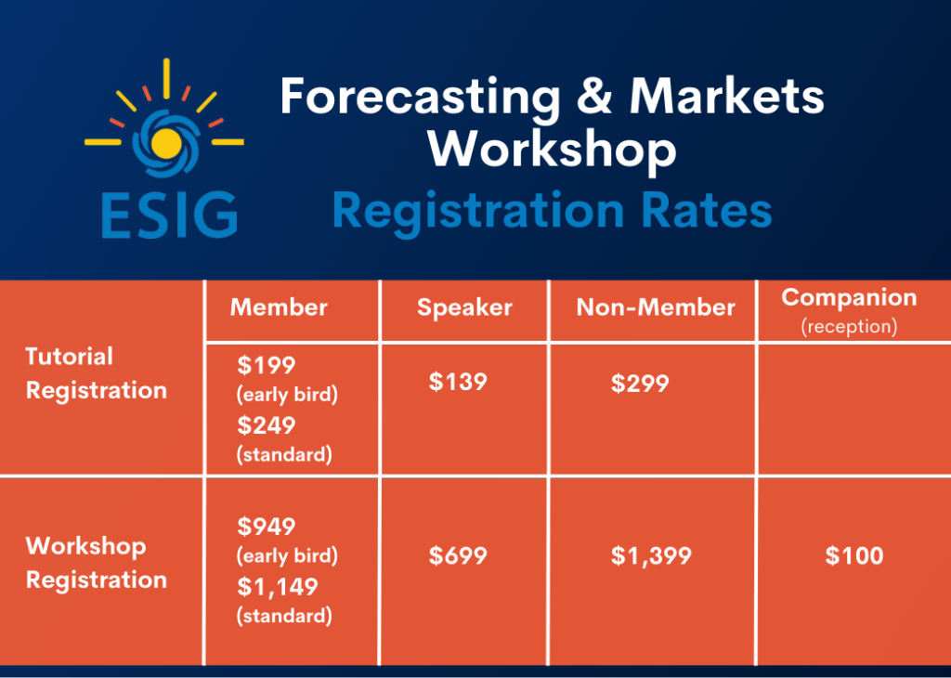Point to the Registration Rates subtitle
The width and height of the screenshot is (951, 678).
(x=552, y=211)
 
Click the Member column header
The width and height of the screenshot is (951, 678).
(x=279, y=307)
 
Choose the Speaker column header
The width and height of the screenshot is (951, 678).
(x=464, y=308)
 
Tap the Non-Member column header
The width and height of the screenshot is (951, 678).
(x=656, y=308)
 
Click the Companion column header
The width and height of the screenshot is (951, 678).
(x=849, y=298)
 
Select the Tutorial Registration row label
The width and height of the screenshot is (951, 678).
(x=96, y=373)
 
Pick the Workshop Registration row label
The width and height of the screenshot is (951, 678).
(x=96, y=562)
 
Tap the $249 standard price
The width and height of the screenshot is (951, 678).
(x=266, y=425)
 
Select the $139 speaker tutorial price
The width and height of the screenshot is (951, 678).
(x=458, y=381)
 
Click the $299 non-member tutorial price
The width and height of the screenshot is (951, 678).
(x=640, y=384)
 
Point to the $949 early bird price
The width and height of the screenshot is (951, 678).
(x=266, y=527)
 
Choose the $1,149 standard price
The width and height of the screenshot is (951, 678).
(x=277, y=587)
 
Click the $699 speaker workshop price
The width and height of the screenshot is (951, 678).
(x=458, y=555)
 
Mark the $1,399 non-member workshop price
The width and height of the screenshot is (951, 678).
(x=651, y=556)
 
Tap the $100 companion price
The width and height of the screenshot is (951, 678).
(x=853, y=555)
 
